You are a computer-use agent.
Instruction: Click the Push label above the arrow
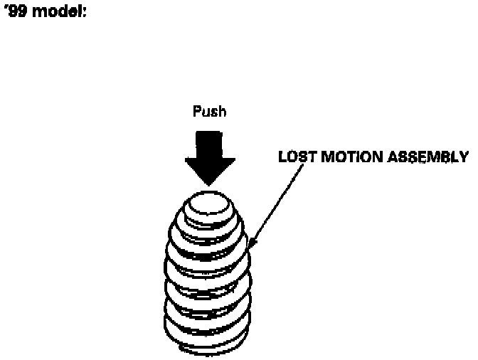point(210,112)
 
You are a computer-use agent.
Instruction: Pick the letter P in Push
point(197,112)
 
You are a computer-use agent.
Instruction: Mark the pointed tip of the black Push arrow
point(210,184)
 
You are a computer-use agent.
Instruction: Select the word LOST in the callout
point(294,157)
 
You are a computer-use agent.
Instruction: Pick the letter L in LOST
point(282,157)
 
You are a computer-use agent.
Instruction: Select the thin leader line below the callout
point(274,203)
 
